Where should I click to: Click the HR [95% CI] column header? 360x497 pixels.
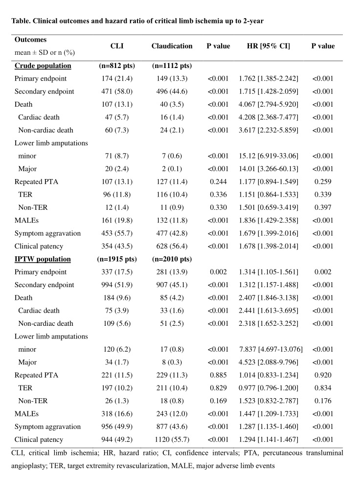[x=269, y=46]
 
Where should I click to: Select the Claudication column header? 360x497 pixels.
[x=172, y=46]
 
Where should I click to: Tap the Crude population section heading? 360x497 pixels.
[x=43, y=66]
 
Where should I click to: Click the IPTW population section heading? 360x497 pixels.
[x=43, y=259]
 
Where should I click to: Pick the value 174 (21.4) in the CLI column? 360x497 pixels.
[x=117, y=78]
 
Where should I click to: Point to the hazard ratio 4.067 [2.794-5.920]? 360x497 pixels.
[x=269, y=104]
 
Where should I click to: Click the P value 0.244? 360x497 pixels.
[x=219, y=181]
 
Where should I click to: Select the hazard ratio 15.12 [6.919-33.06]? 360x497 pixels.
[x=269, y=156]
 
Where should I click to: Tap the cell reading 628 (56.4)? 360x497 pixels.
[x=172, y=246]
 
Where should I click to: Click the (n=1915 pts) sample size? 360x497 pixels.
[x=117, y=259]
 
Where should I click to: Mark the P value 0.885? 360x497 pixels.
[x=219, y=375]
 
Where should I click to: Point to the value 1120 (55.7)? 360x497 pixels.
[x=172, y=440]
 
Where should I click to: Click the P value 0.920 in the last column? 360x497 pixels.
[x=323, y=375]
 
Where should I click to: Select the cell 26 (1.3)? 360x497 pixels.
[x=117, y=401]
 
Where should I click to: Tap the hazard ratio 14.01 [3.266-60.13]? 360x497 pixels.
[x=269, y=169]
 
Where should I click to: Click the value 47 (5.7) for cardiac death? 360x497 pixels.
[x=117, y=117]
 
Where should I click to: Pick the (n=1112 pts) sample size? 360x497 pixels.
[x=172, y=66]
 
